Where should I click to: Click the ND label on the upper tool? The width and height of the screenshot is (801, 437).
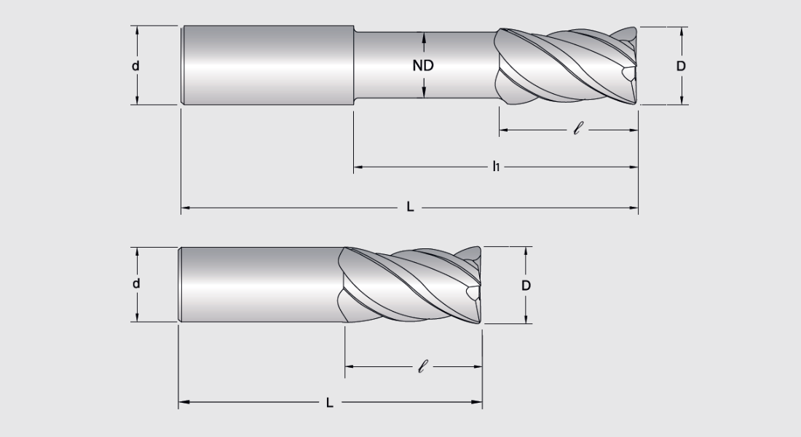[423, 66]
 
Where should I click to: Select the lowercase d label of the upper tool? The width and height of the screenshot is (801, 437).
[135, 66]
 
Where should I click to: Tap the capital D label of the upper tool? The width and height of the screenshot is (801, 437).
[681, 66]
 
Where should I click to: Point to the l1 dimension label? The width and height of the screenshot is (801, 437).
[495, 167]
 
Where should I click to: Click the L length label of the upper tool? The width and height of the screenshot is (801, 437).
[410, 208]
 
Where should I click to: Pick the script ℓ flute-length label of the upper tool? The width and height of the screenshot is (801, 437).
[578, 131]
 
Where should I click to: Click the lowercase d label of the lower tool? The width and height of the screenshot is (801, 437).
[135, 284]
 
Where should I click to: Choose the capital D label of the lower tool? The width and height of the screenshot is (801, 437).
[526, 286]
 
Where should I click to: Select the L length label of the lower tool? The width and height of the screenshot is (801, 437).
[330, 402]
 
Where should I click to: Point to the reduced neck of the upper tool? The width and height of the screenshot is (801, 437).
[386, 66]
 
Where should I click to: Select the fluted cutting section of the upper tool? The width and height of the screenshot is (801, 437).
[568, 66]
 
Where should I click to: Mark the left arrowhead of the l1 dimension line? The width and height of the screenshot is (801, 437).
[358, 168]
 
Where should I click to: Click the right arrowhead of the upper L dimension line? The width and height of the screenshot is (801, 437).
[634, 208]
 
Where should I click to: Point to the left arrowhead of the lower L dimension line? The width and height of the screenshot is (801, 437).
[182, 402]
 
